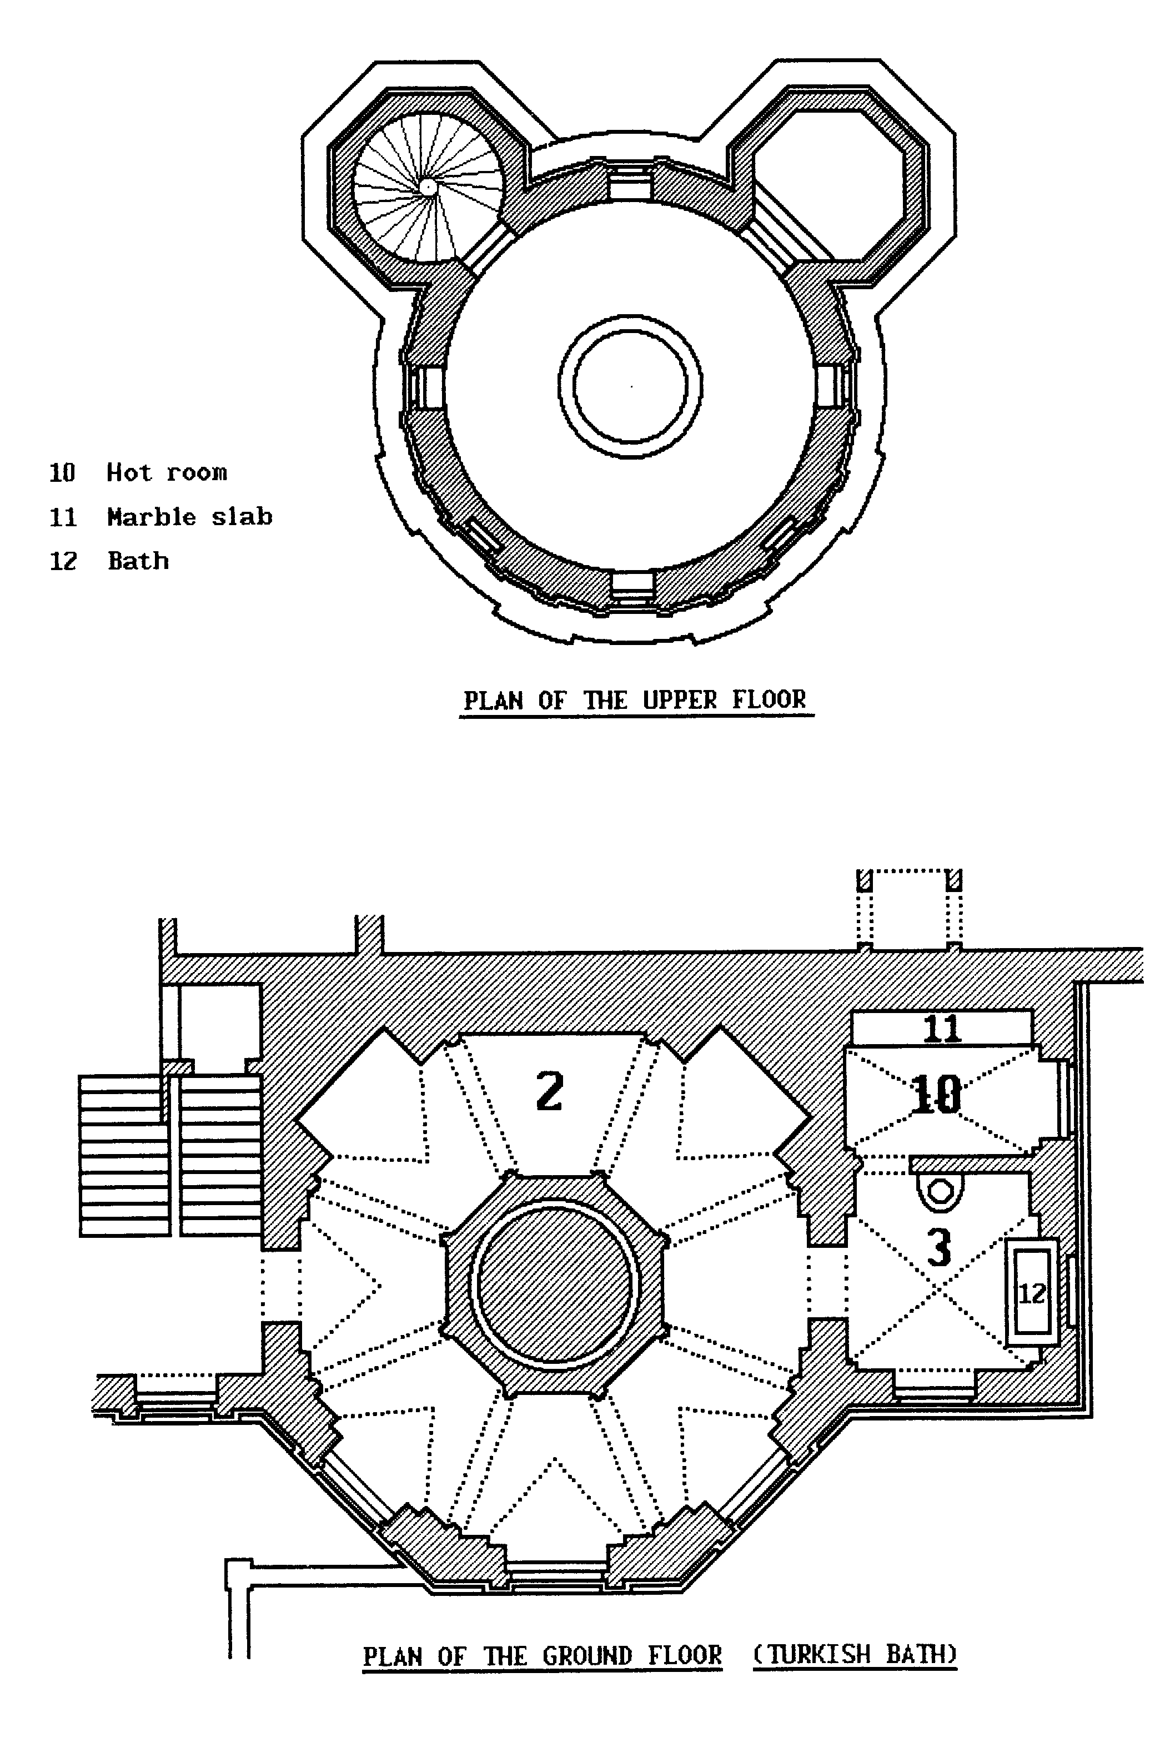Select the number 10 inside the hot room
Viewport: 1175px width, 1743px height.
935,1095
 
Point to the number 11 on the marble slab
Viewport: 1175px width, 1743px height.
941,1027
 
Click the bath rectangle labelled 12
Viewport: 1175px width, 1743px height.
1032,1293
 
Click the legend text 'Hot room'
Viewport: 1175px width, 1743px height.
167,472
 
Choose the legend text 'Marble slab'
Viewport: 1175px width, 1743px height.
189,517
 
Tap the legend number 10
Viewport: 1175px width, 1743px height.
62,472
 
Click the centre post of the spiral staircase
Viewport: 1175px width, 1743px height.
426,187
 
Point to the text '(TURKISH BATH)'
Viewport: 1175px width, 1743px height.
855,1654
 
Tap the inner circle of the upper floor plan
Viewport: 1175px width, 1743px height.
630,386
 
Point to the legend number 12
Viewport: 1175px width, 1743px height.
63,561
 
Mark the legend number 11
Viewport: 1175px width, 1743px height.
63,517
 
